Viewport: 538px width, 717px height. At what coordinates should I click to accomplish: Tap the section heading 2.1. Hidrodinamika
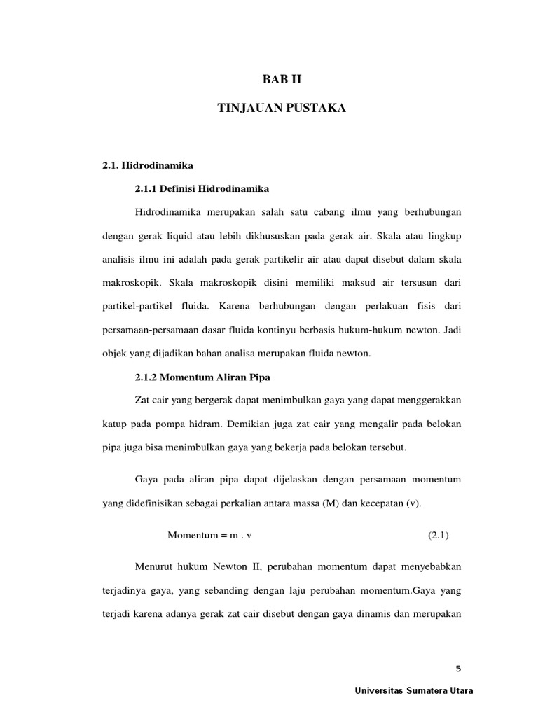tap(147, 165)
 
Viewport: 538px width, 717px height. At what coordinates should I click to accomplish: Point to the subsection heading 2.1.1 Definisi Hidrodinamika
tap(202, 188)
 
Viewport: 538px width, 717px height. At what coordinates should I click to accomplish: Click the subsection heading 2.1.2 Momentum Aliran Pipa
tap(202, 377)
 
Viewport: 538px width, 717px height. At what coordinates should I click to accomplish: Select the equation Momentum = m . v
tap(209, 536)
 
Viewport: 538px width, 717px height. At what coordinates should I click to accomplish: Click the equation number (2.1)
tap(438, 536)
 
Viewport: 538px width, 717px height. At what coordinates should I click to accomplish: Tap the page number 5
tap(459, 667)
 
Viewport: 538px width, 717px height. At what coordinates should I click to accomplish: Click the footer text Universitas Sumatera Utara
tap(415, 690)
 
